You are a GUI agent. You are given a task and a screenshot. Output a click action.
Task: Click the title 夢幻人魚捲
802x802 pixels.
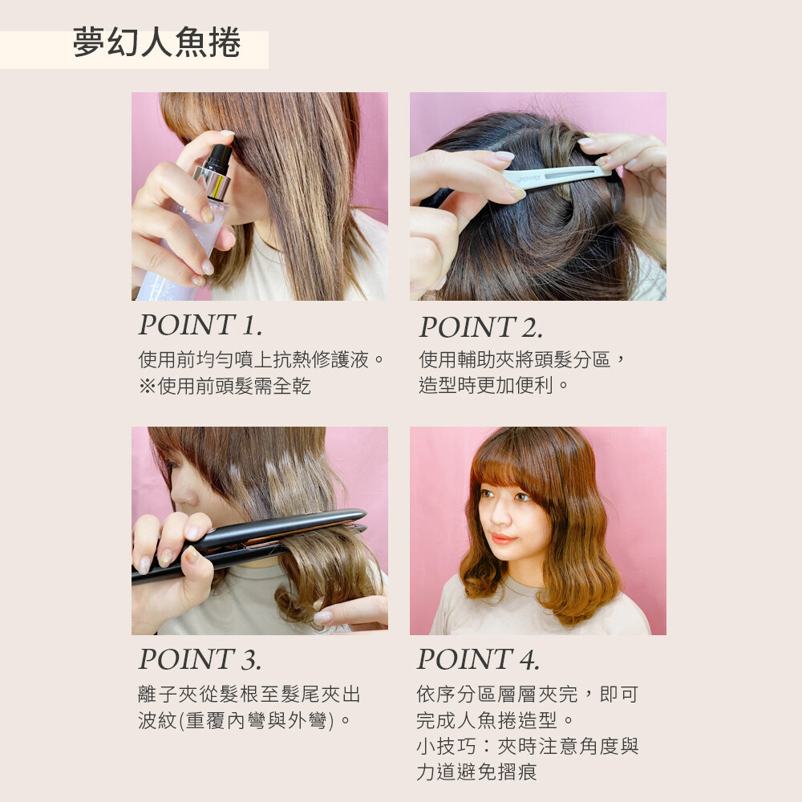point(156,43)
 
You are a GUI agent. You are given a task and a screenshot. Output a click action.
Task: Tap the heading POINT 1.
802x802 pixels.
point(200,325)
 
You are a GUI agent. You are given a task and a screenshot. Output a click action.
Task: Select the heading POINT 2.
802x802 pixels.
point(480,327)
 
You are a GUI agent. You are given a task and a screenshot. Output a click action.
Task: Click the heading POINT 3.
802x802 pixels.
point(200,658)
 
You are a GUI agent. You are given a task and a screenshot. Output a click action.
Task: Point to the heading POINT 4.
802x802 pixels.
point(478,658)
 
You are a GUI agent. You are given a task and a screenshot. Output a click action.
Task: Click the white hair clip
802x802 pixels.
point(555,176)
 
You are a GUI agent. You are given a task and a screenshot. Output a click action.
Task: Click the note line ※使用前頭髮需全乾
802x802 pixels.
point(225,386)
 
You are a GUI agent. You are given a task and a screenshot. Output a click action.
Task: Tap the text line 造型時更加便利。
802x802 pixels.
point(494,385)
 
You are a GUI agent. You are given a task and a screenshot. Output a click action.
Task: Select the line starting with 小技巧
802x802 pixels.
point(528,746)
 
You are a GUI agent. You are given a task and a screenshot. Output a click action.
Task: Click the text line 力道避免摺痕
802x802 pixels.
point(476,772)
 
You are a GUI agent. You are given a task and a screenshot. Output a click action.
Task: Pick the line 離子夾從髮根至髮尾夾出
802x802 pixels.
point(249,694)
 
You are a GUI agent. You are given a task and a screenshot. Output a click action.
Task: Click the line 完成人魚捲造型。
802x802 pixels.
point(495,720)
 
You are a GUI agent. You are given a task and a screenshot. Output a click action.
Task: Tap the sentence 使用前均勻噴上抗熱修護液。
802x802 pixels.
point(261,359)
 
